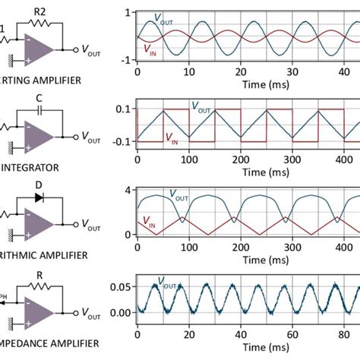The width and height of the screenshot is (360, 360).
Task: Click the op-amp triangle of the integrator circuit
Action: coord(39,135)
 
